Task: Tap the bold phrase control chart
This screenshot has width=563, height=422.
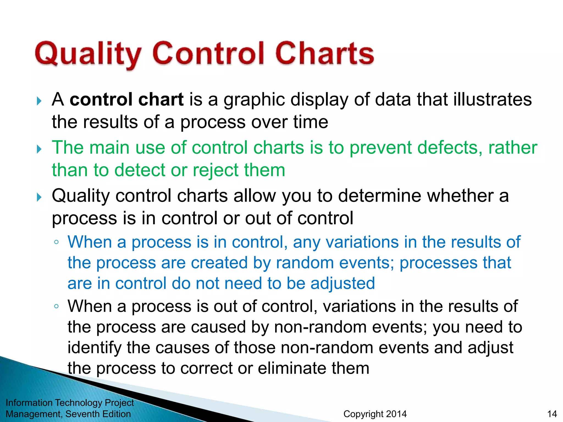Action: click(x=126, y=99)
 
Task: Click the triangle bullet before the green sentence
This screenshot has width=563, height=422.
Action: click(x=39, y=149)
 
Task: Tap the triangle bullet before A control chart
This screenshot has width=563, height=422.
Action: click(x=39, y=101)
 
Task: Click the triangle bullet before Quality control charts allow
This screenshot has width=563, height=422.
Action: click(x=39, y=197)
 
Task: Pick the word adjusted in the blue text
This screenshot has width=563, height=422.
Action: click(x=343, y=284)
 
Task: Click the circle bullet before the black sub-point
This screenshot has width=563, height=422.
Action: click(x=56, y=306)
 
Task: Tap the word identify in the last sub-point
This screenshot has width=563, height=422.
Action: click(x=94, y=348)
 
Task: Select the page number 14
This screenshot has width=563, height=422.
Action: click(x=552, y=414)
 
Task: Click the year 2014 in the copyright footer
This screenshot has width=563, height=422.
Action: click(x=396, y=414)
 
